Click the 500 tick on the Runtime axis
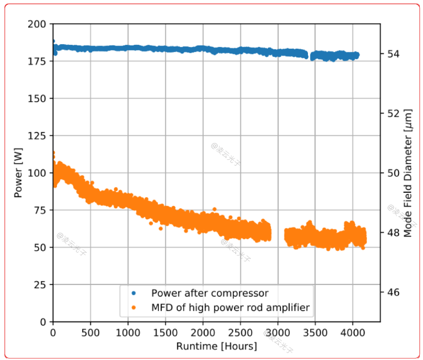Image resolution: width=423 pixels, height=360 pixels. click(90, 332)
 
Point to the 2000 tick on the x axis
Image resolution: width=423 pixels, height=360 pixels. click(203, 332)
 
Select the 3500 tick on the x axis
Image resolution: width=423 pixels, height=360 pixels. click(315, 332)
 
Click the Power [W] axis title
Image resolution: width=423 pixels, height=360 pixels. click(18, 173)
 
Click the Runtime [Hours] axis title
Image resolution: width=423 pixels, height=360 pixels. click(216, 346)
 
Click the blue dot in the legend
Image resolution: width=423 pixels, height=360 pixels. click(134, 293)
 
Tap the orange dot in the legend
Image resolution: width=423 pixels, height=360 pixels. click(134, 307)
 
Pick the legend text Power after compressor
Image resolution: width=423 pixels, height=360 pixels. click(210, 293)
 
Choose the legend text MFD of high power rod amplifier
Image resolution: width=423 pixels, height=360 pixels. click(230, 307)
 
